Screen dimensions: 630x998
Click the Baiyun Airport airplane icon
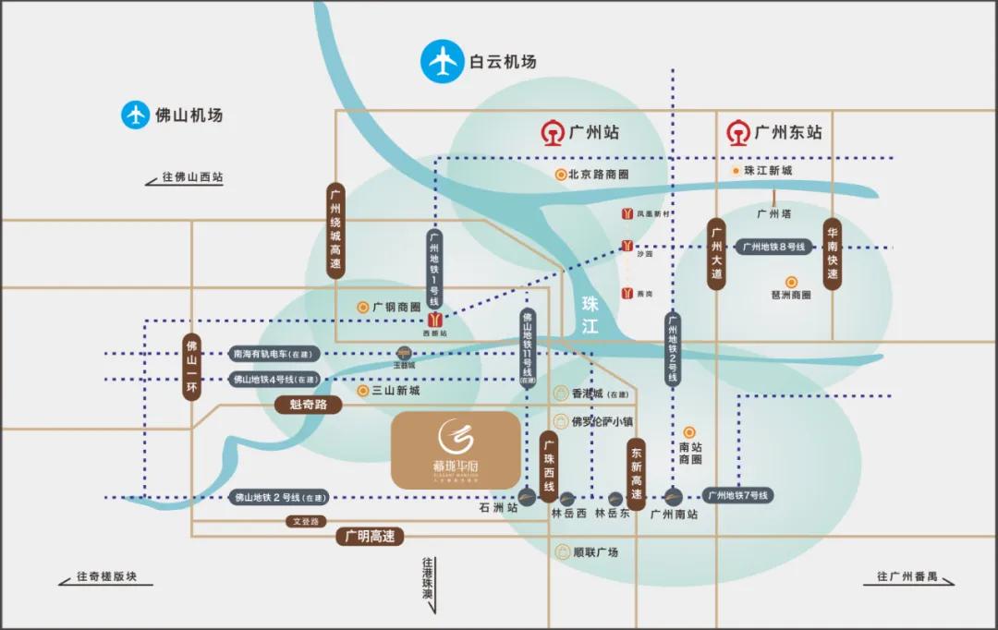click(441, 61)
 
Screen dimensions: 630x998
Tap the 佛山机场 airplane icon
click(136, 115)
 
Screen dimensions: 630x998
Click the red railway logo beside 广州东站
click(737, 132)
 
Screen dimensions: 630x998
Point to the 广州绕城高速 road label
click(335, 231)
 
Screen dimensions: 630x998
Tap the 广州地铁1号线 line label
click(434, 269)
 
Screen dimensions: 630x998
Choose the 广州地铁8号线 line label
click(774, 247)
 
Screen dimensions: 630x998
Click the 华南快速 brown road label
click(832, 255)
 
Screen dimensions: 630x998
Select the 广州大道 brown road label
click(715, 255)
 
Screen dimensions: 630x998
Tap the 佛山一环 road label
click(191, 366)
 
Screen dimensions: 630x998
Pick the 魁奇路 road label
click(309, 404)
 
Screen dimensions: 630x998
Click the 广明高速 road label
click(369, 536)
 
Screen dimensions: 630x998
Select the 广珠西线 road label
click(549, 466)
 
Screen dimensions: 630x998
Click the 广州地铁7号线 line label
click(738, 496)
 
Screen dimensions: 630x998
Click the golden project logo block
click(456, 450)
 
